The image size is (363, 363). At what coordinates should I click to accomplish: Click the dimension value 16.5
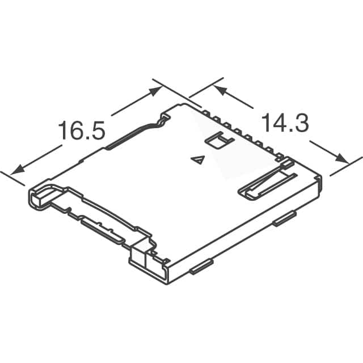click(82, 131)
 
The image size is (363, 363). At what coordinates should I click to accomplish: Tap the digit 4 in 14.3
click(277, 124)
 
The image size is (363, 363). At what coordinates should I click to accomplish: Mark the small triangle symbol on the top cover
click(198, 161)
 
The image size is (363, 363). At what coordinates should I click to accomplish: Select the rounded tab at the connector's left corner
click(37, 198)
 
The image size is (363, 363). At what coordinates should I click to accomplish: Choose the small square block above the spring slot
click(287, 164)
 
